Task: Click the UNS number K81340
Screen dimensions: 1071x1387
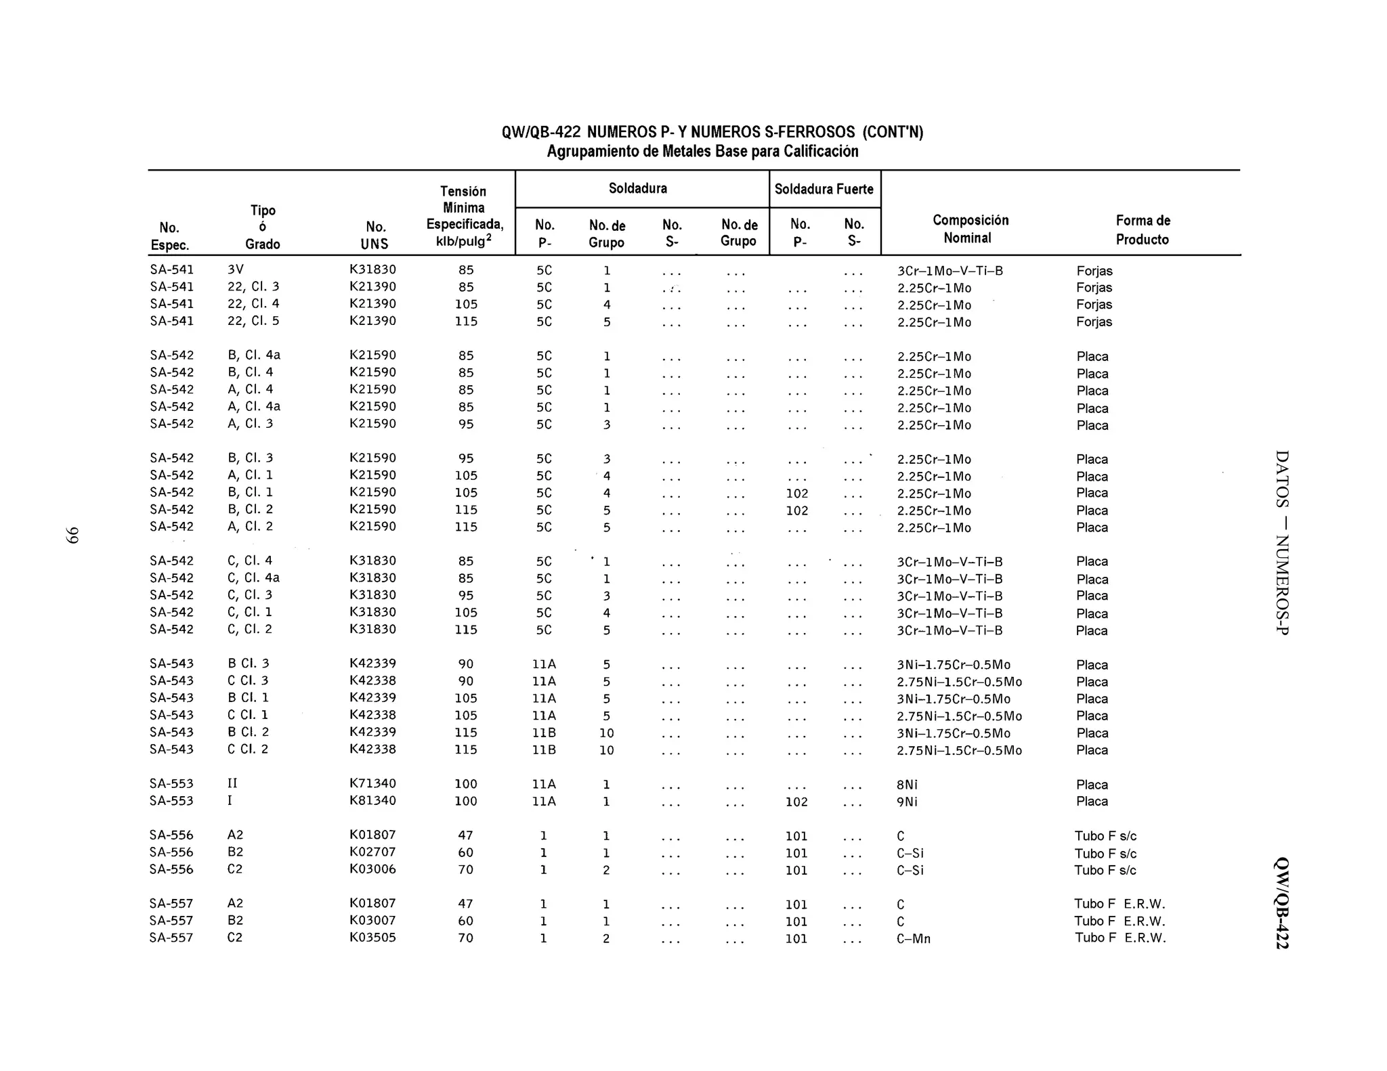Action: [372, 800]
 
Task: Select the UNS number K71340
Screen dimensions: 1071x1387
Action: [372, 783]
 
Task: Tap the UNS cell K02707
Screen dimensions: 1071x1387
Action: [372, 852]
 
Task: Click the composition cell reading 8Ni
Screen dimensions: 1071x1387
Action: [907, 785]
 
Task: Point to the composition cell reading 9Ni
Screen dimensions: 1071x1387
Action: [907, 802]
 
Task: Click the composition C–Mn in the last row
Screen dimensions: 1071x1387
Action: [914, 939]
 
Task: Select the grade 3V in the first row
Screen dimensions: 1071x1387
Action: [235, 269]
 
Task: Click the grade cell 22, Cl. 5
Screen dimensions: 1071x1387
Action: [253, 321]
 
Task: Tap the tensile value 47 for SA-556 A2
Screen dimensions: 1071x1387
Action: [465, 835]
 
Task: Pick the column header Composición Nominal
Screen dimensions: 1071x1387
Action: [970, 229]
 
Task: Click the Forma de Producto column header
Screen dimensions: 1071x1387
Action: [1143, 230]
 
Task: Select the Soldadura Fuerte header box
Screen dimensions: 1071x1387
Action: [824, 189]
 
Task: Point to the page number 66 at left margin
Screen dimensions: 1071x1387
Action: [72, 535]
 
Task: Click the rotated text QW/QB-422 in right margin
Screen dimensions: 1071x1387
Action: [1281, 903]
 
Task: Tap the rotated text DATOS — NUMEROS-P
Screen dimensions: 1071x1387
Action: [1281, 542]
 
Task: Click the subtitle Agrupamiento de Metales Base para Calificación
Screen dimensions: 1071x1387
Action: [702, 151]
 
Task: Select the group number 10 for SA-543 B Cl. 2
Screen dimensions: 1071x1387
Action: [606, 733]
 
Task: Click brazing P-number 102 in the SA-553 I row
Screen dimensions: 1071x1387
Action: [796, 802]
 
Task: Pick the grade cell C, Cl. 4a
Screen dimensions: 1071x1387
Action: [253, 577]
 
